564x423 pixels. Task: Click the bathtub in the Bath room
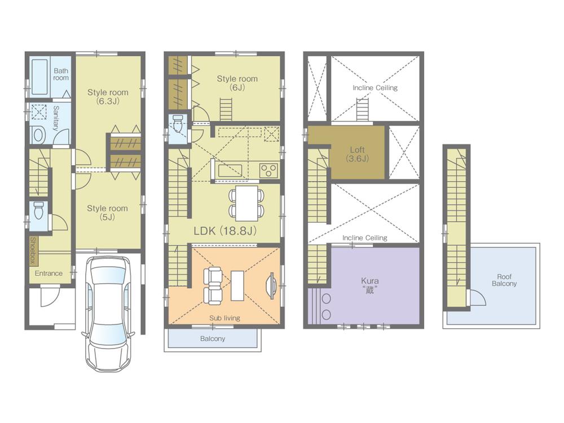(39, 76)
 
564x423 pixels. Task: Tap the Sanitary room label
(55, 118)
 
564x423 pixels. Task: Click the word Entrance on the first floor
(49, 274)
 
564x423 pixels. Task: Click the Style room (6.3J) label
(107, 96)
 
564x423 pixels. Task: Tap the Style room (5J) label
(107, 213)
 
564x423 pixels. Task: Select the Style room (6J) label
(237, 83)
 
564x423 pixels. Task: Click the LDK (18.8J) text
(226, 230)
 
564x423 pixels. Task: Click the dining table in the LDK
(246, 204)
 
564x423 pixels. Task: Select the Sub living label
(224, 318)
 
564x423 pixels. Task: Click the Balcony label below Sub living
(212, 339)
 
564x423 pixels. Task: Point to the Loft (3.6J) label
(357, 154)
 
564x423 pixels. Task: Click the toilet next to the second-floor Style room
(178, 123)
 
